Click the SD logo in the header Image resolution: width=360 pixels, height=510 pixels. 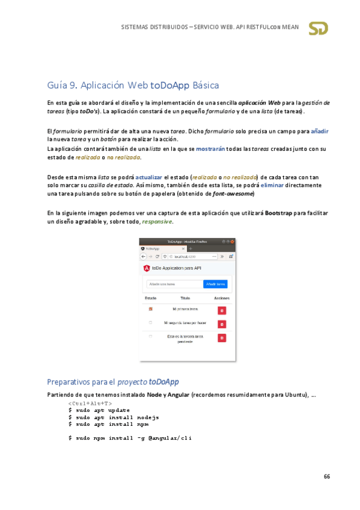click(x=318, y=28)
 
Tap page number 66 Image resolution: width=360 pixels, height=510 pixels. click(x=326, y=476)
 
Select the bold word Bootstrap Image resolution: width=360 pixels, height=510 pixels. click(x=278, y=213)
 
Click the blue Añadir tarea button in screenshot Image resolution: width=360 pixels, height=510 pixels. click(x=216, y=284)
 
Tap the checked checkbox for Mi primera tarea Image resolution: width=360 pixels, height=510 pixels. click(x=150, y=309)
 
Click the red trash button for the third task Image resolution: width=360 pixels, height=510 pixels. click(x=222, y=338)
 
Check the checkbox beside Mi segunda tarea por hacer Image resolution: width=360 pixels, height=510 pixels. click(x=150, y=323)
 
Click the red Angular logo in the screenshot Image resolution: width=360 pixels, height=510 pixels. click(x=147, y=267)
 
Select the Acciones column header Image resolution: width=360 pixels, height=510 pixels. click(x=221, y=298)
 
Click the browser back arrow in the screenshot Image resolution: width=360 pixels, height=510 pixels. click(x=143, y=256)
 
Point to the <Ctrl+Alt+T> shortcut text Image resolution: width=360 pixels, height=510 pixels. click(x=90, y=403)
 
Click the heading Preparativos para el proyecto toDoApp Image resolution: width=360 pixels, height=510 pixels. click(x=112, y=382)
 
